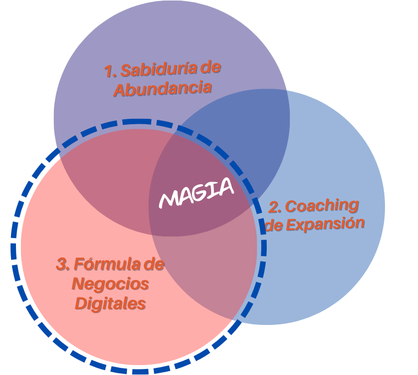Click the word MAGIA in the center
point(196,193)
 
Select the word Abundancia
point(163,88)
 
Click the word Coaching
point(322,206)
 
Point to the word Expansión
point(325,224)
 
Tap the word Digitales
point(111,303)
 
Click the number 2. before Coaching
point(275,208)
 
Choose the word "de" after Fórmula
point(153,264)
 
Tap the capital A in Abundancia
point(120,90)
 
